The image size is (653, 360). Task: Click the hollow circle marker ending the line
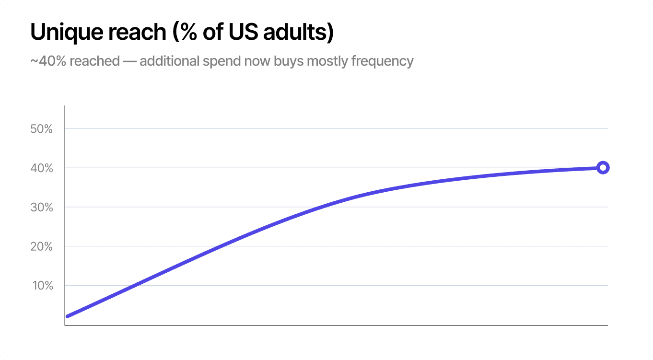[x=603, y=168]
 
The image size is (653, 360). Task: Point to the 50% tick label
[x=41, y=129]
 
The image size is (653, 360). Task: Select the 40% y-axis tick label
[x=41, y=168]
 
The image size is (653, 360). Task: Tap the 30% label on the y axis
[x=41, y=207]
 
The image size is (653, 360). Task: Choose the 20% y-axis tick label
[x=41, y=246]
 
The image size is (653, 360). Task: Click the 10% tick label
[x=43, y=286]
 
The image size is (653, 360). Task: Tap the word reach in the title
[x=137, y=32]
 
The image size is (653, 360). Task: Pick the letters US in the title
[x=244, y=32]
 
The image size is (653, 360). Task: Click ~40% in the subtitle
[x=48, y=61]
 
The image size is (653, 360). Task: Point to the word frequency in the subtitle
[x=382, y=61]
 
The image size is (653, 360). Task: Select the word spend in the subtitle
[x=221, y=61]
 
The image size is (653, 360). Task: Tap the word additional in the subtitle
[x=169, y=61]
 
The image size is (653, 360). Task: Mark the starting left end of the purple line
[x=68, y=316]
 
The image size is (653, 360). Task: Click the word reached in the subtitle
[x=95, y=61]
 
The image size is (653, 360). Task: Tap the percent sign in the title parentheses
[x=188, y=32]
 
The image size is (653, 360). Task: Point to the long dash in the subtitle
[x=130, y=61]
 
